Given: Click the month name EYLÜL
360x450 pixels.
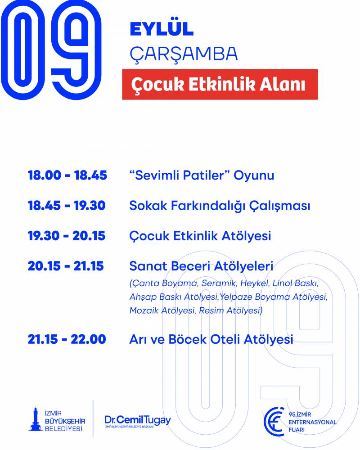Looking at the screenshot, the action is [162, 28].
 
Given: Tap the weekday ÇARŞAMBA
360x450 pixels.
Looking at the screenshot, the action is [184, 54].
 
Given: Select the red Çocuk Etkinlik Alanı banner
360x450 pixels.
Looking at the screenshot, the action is [220, 85].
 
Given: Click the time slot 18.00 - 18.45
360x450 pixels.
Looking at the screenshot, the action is [67, 175].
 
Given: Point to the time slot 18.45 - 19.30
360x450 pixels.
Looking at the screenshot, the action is [67, 206].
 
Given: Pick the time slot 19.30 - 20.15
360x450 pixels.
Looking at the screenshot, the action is [67, 236].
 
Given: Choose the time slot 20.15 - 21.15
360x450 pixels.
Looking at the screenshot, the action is [66, 266].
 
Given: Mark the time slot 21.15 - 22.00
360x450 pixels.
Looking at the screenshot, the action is [67, 339].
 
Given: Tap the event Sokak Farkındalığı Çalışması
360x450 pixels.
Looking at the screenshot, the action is [220, 206].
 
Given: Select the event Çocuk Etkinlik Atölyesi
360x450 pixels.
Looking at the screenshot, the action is [200, 236].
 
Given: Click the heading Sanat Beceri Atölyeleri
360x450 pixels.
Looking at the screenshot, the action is [201, 266].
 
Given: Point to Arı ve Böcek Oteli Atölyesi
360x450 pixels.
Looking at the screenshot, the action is [211, 339].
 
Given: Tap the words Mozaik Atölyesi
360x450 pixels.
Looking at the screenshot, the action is [162, 310].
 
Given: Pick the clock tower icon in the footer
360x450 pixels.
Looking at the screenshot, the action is [35, 419].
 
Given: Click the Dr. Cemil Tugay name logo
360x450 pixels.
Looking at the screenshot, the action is [138, 421].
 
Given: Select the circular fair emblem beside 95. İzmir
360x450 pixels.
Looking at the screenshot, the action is [274, 422].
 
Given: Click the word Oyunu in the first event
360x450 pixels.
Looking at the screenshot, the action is [254, 175].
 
